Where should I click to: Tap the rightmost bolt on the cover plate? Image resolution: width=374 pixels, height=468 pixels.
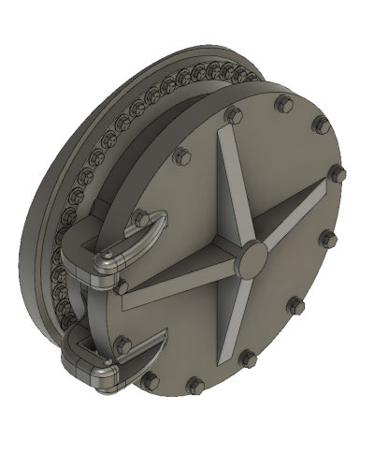338,174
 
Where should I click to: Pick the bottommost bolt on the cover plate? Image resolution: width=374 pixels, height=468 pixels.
196,385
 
